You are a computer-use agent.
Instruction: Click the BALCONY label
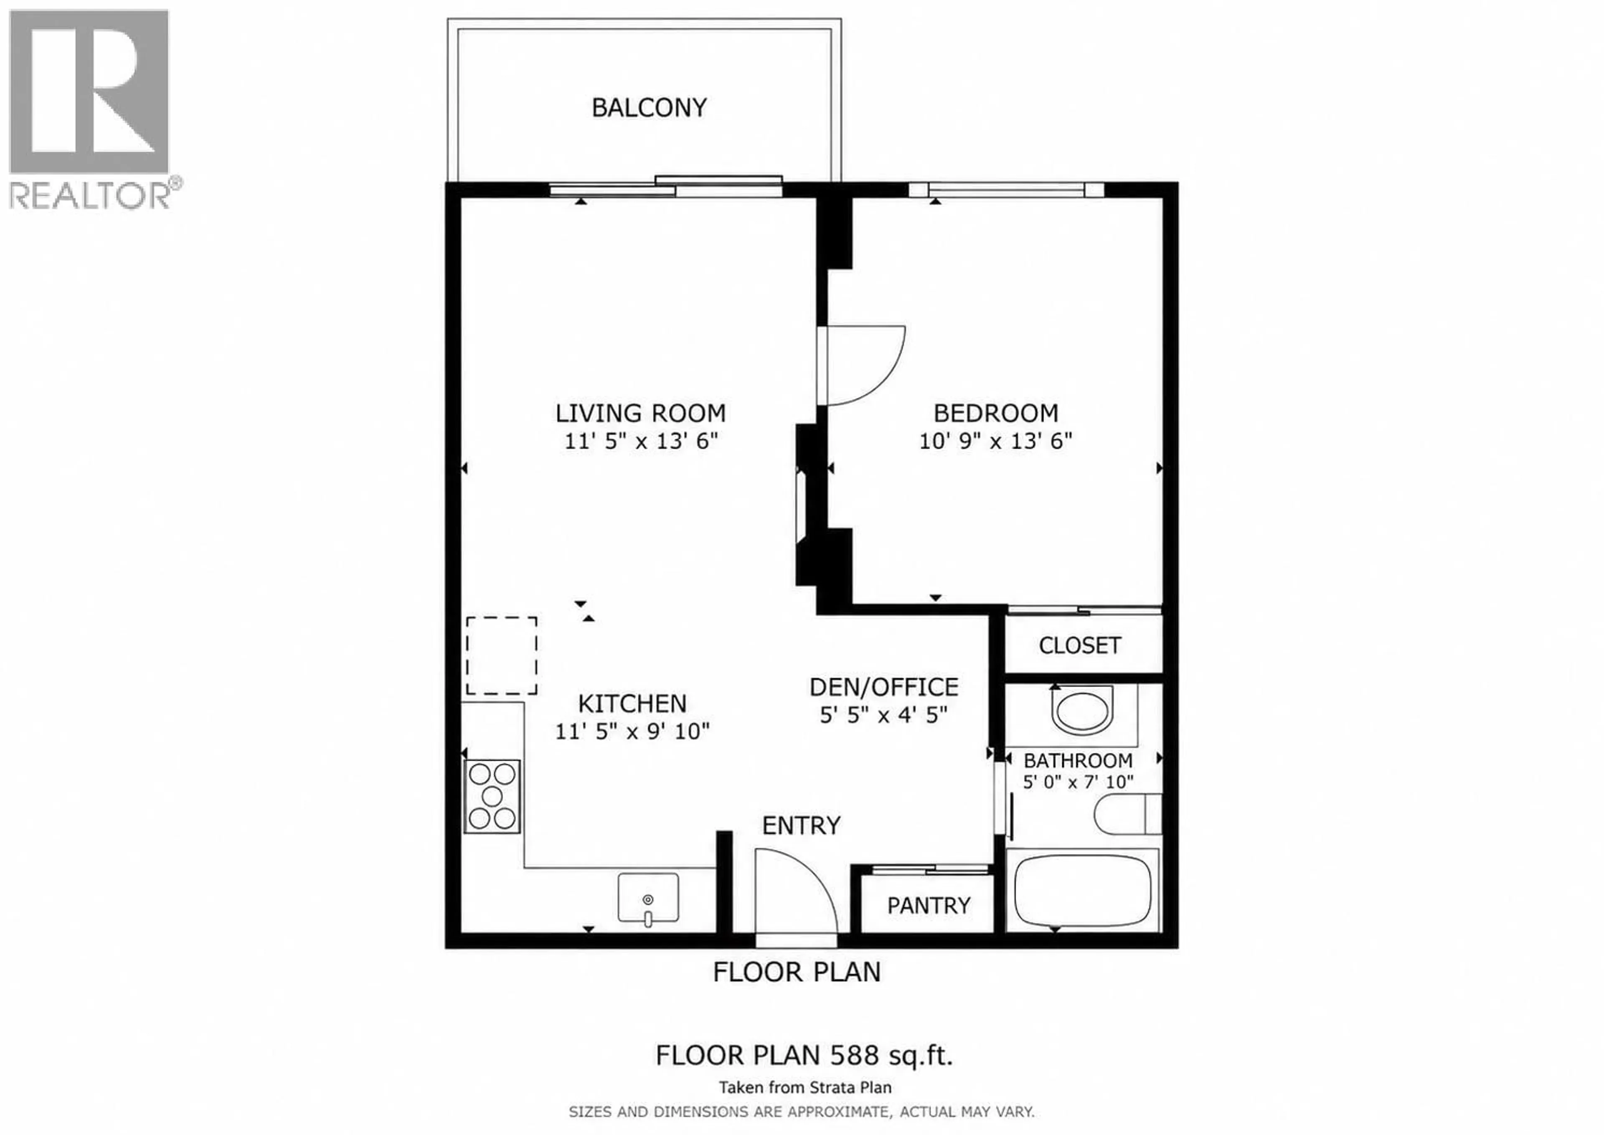649,108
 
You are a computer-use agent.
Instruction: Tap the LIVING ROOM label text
640,413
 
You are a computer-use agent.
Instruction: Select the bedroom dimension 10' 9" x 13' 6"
995,441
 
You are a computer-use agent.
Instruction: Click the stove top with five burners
492,796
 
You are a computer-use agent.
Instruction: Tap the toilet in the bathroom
1127,814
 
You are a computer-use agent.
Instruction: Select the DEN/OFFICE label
883,688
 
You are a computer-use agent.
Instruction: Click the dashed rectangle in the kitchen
501,655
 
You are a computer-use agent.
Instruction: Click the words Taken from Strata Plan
805,1087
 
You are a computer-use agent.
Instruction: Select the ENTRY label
800,826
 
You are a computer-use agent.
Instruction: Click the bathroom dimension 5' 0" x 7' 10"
1078,782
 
